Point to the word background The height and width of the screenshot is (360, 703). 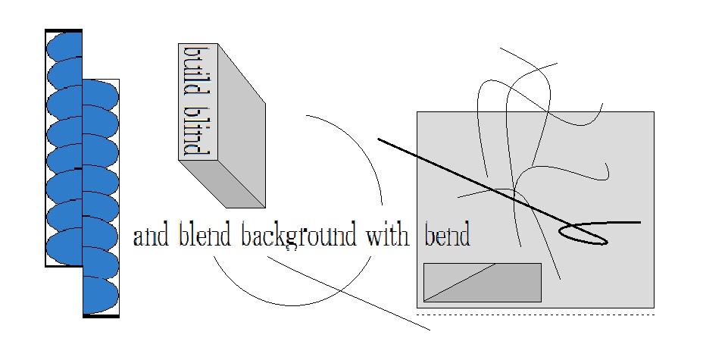[298, 236]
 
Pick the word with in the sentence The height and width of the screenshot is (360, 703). [389, 236]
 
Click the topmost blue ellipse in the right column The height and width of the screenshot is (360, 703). [101, 94]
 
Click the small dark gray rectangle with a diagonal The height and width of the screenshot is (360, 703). [482, 282]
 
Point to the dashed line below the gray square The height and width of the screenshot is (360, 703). [535, 314]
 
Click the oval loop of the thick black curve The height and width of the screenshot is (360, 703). [583, 234]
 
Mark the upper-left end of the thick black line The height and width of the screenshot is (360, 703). [379, 139]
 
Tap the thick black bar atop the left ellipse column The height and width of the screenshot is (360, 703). [64, 30]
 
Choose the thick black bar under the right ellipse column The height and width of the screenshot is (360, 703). [101, 315]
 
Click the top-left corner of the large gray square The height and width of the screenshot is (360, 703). [417, 112]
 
